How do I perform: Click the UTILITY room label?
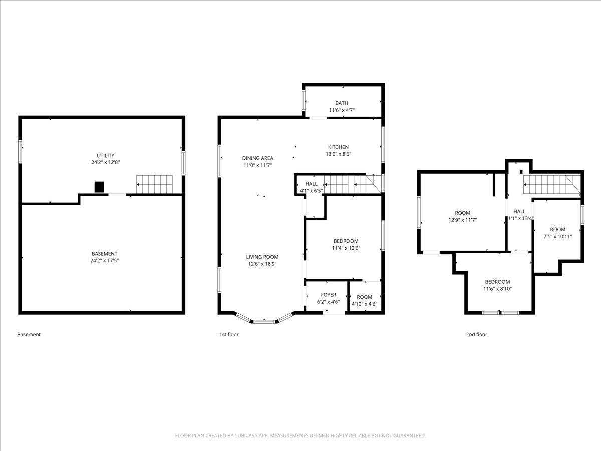105,155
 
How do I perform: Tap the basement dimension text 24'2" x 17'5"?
104,261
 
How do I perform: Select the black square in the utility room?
99,187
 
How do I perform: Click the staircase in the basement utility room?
155,184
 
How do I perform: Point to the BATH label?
342,103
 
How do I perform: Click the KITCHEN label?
338,147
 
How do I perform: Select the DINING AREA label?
257,158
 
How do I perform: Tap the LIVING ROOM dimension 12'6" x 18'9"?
262,264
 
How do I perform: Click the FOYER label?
328,295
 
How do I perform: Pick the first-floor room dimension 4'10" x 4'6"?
364,304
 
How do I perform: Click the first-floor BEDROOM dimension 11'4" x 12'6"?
346,248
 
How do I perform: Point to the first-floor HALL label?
312,184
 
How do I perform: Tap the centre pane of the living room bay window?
264,322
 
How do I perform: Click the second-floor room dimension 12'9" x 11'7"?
462,220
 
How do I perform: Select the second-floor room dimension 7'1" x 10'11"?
558,237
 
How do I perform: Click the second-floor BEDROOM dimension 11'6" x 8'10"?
497,289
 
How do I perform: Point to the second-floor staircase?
552,184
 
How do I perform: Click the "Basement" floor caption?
29,334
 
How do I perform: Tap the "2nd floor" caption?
477,334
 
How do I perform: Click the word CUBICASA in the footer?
246,435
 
